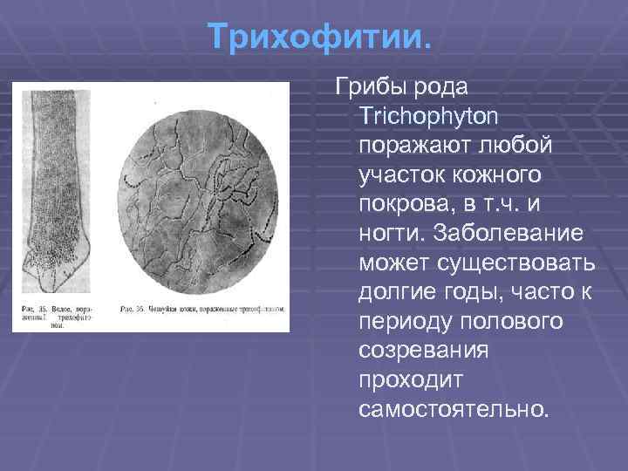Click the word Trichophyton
tap(427, 116)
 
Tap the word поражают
tap(408, 146)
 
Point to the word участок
tap(399, 174)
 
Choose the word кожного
tap(495, 174)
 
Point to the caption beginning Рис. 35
tap(58, 317)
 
